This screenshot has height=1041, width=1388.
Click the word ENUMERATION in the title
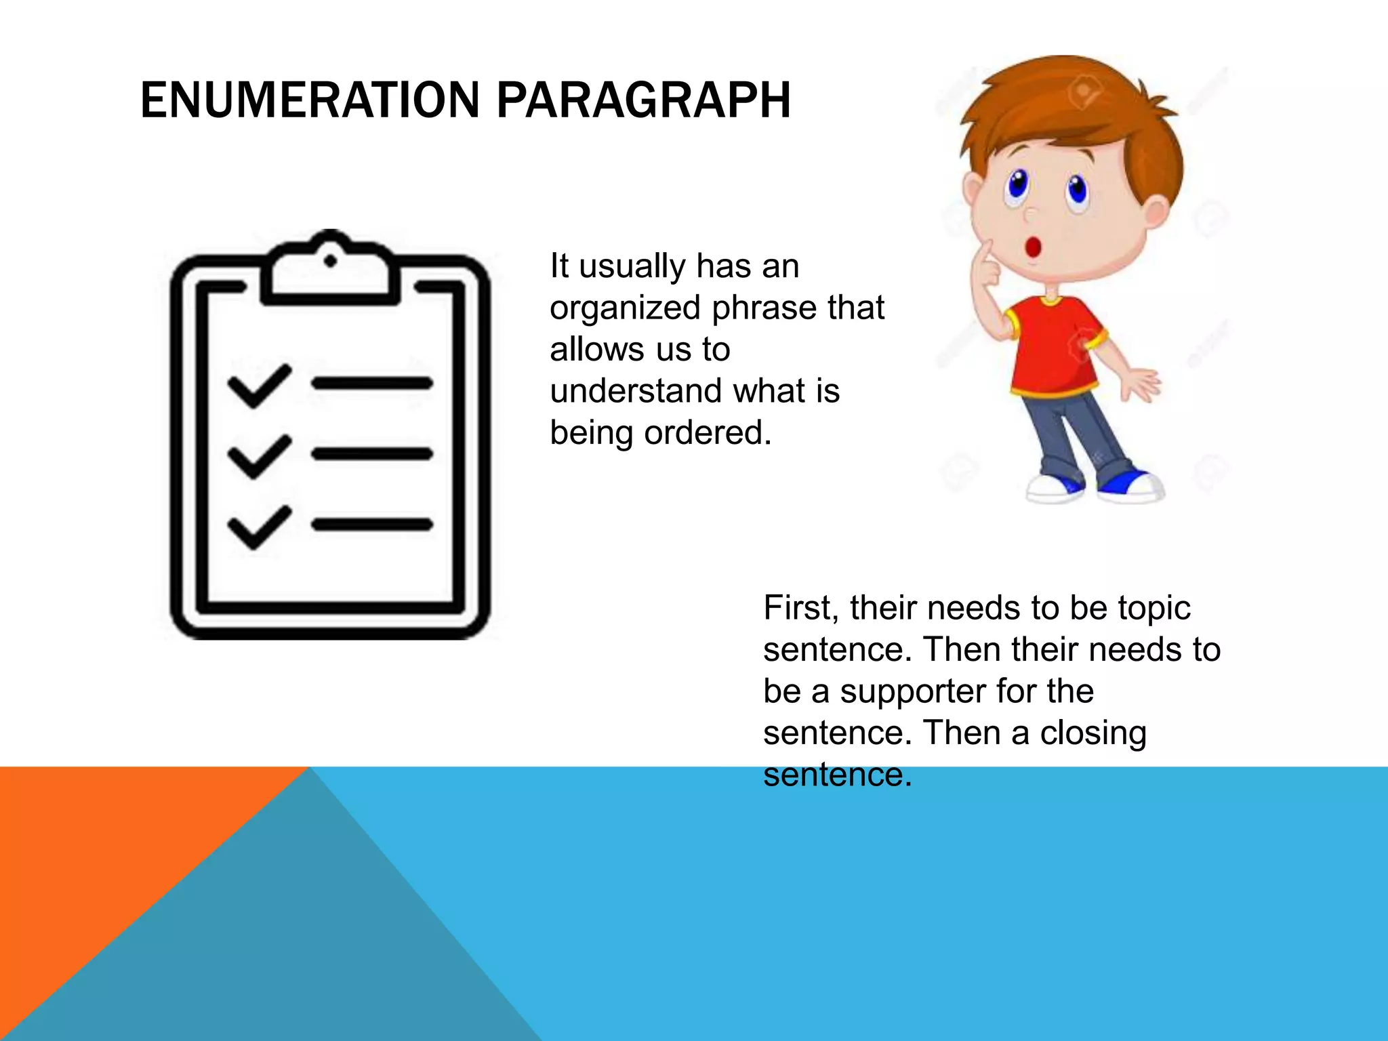coord(310,100)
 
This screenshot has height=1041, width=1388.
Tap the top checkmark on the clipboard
coord(259,386)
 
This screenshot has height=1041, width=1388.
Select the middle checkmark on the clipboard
coord(259,456)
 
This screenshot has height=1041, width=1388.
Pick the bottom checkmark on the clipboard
coord(259,527)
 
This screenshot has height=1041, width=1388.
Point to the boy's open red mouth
coord(1033,247)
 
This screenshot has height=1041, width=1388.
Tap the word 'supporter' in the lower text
coord(912,692)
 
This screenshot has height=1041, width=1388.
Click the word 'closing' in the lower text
coord(1093,733)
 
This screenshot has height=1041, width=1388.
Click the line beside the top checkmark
coord(371,384)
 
